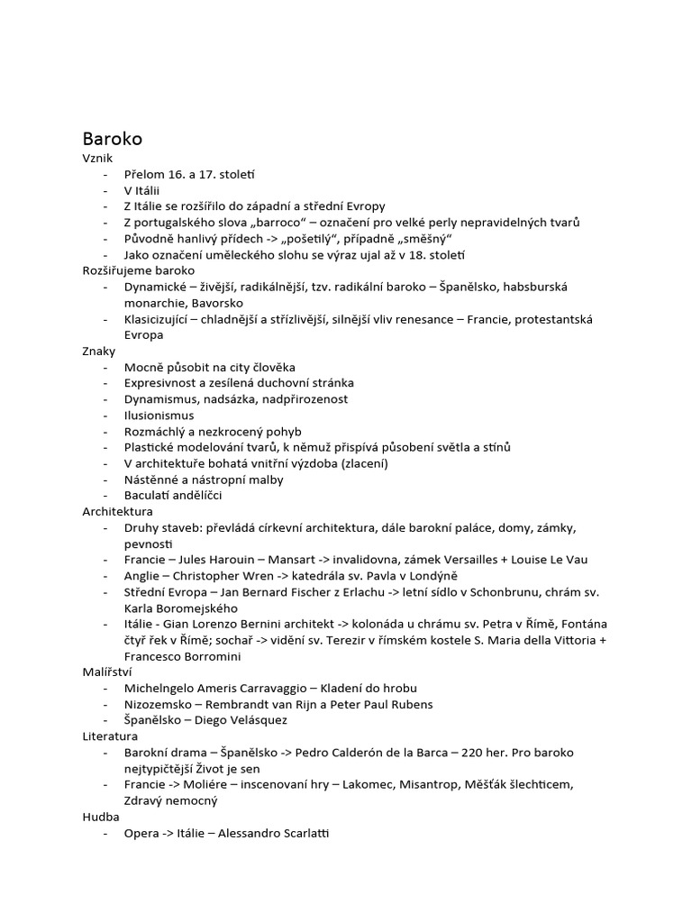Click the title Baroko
[112, 139]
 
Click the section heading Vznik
[97, 158]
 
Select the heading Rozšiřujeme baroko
[138, 270]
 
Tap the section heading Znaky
[99, 351]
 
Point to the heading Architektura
[117, 511]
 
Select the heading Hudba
[100, 817]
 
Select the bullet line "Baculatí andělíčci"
[173, 496]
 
